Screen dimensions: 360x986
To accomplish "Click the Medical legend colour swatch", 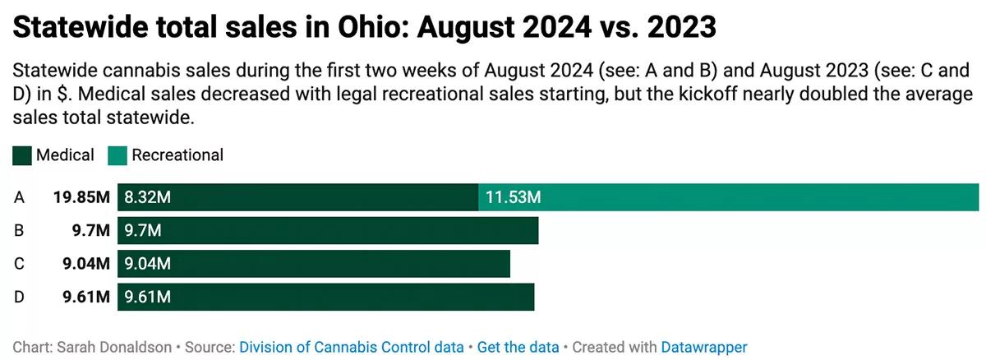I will pyautogui.click(x=22, y=155).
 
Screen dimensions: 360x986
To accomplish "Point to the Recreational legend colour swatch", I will pyautogui.click(x=117, y=155).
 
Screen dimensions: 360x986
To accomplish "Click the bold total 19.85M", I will pyautogui.click(x=81, y=197).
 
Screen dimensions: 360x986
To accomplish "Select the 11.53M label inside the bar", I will pyautogui.click(x=514, y=197).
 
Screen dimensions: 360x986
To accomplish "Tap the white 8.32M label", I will pyautogui.click(x=148, y=197).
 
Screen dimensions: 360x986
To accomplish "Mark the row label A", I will pyautogui.click(x=19, y=197).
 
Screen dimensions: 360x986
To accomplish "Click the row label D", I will pyautogui.click(x=19, y=297).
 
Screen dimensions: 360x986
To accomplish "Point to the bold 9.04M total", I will pyautogui.click(x=85, y=264).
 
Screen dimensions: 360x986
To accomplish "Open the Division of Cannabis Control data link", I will pyautogui.click(x=351, y=347).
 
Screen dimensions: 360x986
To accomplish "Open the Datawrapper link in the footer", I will pyautogui.click(x=704, y=347).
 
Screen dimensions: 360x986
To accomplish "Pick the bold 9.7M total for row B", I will pyautogui.click(x=90, y=231).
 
